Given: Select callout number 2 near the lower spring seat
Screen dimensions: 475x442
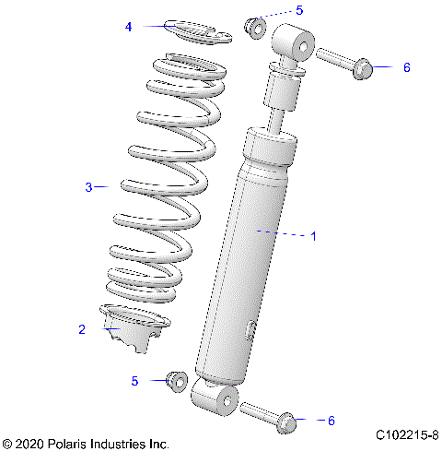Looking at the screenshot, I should (82, 328).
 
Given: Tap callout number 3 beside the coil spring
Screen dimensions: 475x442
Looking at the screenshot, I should (89, 187).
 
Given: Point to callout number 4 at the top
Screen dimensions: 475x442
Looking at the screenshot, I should (129, 27).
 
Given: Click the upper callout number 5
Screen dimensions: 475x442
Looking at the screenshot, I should (298, 10).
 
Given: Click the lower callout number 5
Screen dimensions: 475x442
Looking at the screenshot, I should (134, 380).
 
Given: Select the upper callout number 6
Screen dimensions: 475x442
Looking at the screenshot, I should (406, 68).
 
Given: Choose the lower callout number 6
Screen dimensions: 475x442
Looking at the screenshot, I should (331, 421).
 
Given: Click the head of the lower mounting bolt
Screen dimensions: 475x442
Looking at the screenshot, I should (287, 422).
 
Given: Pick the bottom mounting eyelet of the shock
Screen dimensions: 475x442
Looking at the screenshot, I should (214, 400).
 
